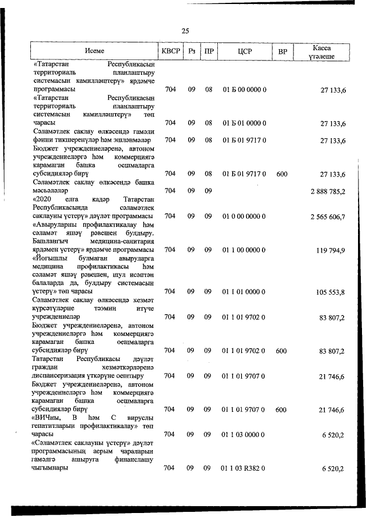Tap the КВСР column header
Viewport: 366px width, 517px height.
(170, 51)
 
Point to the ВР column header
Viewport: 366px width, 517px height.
(282, 51)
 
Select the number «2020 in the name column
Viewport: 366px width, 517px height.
(44, 199)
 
